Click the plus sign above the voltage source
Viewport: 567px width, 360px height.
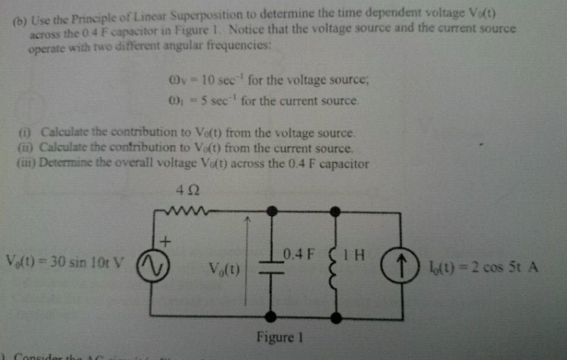(165, 241)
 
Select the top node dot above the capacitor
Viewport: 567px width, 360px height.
(272, 210)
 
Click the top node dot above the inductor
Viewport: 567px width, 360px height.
(335, 210)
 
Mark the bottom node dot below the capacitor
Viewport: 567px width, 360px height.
(272, 318)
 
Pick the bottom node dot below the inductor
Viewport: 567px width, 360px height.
(336, 318)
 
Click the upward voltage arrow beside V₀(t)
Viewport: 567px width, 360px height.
(248, 248)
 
